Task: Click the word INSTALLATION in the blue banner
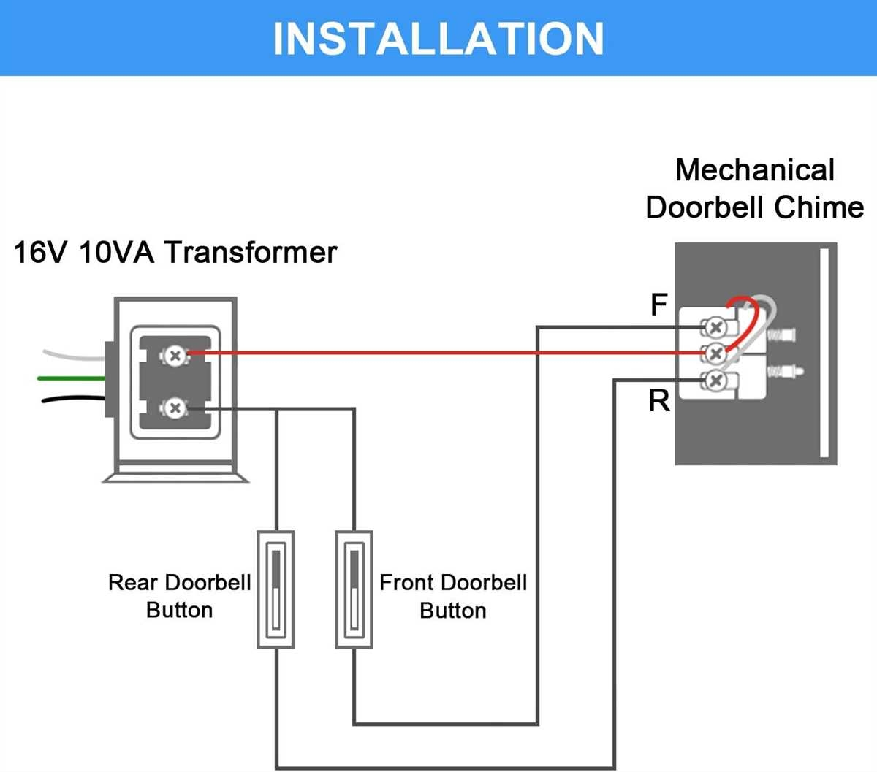pos(438,38)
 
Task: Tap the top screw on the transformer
pos(174,356)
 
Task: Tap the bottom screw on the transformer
pos(174,408)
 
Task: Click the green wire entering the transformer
pos(69,378)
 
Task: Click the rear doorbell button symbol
pos(276,589)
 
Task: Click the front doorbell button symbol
pos(354,589)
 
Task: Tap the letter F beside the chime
pos(658,305)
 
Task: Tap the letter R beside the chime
pos(658,401)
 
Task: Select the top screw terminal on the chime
pos(715,327)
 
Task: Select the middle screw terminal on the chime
pos(715,354)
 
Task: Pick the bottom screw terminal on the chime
pos(715,380)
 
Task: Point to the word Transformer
pos(251,253)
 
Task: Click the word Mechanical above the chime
pos(754,170)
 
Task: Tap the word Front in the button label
pos(406,583)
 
